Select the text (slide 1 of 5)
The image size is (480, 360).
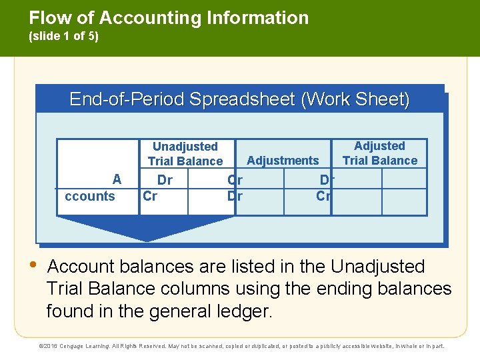coord(64,37)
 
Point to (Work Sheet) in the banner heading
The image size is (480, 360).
coord(355,99)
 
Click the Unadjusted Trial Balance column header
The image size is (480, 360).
coord(185,153)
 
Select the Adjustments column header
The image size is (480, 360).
coord(283,160)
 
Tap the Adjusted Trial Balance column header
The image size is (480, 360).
coord(379,153)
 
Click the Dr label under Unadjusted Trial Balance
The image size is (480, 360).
coord(164,180)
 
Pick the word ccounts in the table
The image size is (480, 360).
coord(89,196)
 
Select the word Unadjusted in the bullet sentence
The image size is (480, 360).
coord(377,267)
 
